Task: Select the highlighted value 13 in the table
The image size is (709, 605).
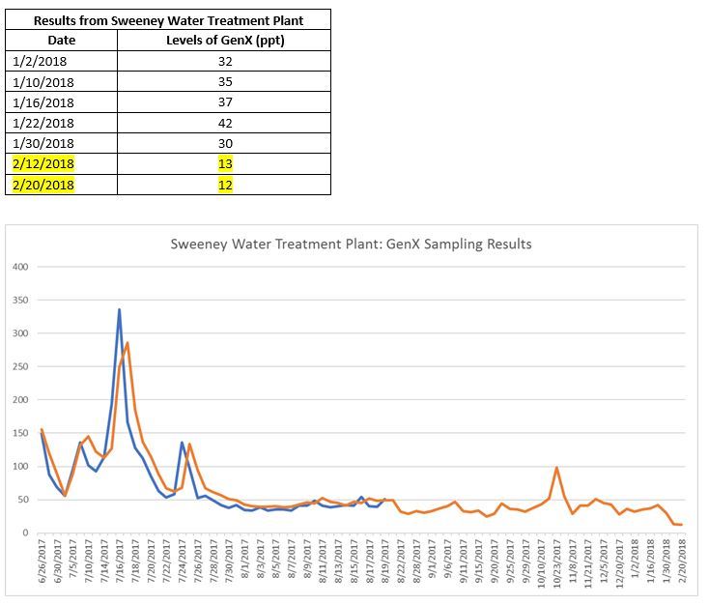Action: [x=225, y=163]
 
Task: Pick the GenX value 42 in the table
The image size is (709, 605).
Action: [x=225, y=122]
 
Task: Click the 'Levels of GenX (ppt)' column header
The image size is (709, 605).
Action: [x=225, y=40]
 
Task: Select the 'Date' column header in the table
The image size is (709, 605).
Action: [x=61, y=40]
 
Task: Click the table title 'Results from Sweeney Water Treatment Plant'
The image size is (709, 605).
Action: [x=167, y=19]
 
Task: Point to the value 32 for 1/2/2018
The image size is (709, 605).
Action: [x=225, y=60]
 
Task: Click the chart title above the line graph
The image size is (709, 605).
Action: [x=351, y=245]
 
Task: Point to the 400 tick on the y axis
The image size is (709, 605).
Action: [x=20, y=267]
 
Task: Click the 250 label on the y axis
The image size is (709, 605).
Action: [x=20, y=366]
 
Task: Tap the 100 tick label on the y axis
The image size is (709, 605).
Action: [x=20, y=467]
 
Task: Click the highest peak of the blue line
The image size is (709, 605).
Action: [x=119, y=310]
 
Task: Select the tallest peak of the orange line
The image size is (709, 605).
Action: [x=128, y=343]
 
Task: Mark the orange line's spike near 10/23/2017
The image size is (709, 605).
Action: [x=556, y=468]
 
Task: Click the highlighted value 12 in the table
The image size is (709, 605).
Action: [x=225, y=184]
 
